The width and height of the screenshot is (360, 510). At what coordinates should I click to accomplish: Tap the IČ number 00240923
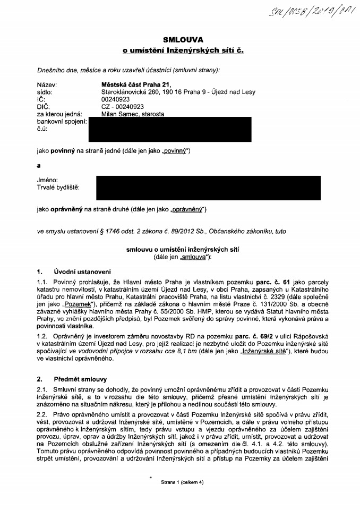pyautogui.click(x=117, y=99)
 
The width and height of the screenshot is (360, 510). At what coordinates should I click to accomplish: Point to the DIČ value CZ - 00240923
pyautogui.click(x=122, y=106)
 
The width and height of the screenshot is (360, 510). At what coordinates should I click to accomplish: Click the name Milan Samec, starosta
pyautogui.click(x=132, y=114)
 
